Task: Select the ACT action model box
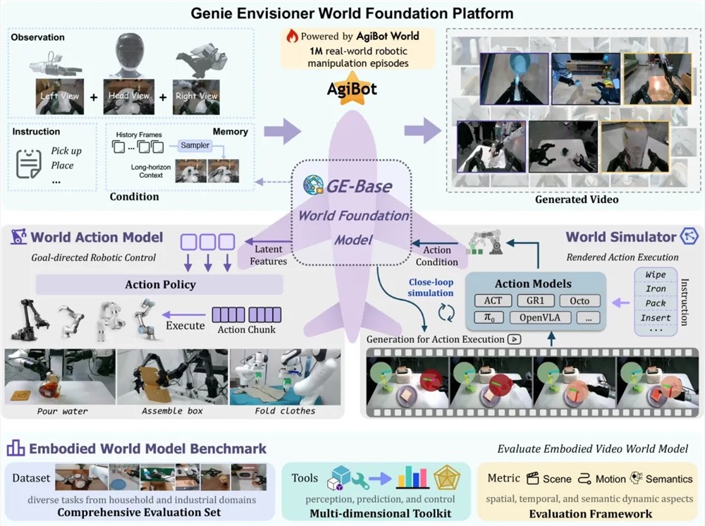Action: click(493, 301)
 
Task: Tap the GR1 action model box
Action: click(535, 301)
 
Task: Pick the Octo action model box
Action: click(580, 301)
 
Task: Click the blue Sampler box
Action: click(195, 145)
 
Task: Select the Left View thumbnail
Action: click(60, 97)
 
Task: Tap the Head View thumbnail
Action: click(129, 97)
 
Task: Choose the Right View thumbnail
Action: click(196, 97)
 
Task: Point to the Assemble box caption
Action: click(172, 410)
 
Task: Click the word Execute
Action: click(185, 326)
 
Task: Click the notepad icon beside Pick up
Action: click(29, 164)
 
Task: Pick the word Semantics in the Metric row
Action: click(668, 479)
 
